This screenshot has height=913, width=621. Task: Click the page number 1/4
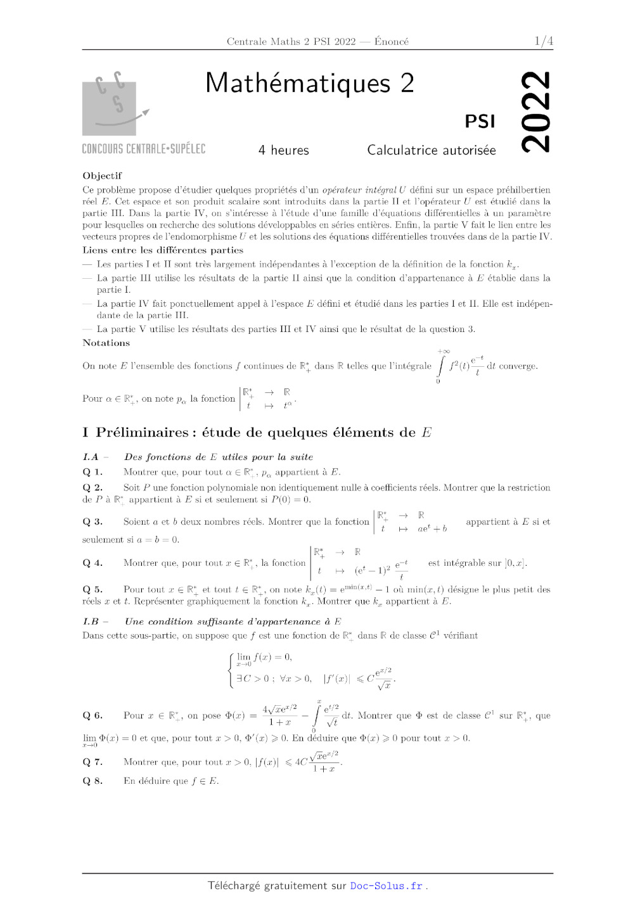coord(543,41)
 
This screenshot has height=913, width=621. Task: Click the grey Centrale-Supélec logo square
coord(109,108)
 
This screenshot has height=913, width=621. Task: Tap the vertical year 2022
coord(535,112)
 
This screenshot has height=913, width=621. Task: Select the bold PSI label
coord(480,121)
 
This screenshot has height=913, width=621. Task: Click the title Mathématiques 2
coord(309,84)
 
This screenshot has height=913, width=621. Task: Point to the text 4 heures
coord(283,150)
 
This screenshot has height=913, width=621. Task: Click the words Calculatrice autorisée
coord(431,150)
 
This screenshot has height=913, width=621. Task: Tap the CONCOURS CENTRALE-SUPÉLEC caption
coord(144,149)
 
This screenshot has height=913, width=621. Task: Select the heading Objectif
coord(102,176)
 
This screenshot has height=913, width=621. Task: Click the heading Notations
coord(106,343)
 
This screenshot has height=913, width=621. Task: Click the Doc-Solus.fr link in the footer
coord(386,886)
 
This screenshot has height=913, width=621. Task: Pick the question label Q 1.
coord(93,472)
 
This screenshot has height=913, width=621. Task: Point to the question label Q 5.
coord(93,589)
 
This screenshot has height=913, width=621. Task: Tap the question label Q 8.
coord(93,781)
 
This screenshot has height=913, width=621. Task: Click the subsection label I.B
coord(91,622)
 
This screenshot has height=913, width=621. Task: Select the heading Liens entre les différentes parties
coord(163,250)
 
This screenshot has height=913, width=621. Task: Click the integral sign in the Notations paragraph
coord(442,366)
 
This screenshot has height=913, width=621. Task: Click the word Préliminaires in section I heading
coord(143,433)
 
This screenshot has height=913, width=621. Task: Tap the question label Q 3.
coord(93,521)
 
